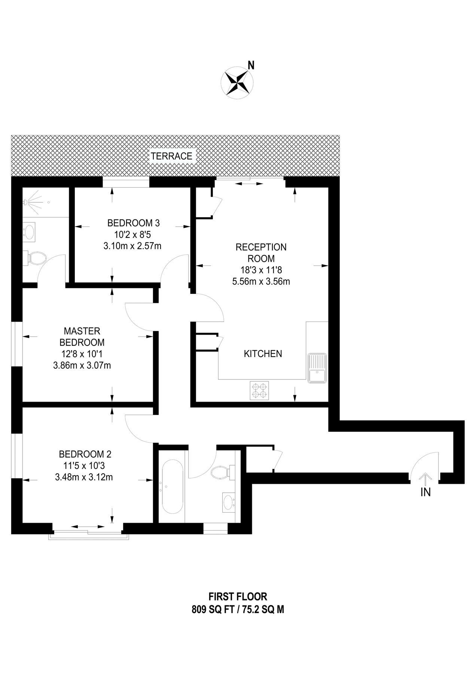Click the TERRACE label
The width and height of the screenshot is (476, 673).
point(171,156)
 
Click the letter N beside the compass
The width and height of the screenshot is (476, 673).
point(251,66)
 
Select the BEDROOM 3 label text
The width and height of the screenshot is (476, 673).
point(133,223)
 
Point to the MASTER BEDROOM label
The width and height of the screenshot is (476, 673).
point(82,336)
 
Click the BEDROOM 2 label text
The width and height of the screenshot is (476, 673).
point(85,454)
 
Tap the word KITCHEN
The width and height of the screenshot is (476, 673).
point(263,354)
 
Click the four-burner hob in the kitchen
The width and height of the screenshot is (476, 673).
point(259,390)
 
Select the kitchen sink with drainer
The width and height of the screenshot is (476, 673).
point(317,368)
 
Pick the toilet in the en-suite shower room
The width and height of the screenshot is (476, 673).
point(37,258)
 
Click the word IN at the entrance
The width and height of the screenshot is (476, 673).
point(425,492)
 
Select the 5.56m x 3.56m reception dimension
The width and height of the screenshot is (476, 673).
point(261,282)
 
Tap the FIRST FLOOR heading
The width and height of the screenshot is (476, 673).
point(238,596)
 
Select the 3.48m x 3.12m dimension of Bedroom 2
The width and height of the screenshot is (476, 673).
point(84,477)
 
